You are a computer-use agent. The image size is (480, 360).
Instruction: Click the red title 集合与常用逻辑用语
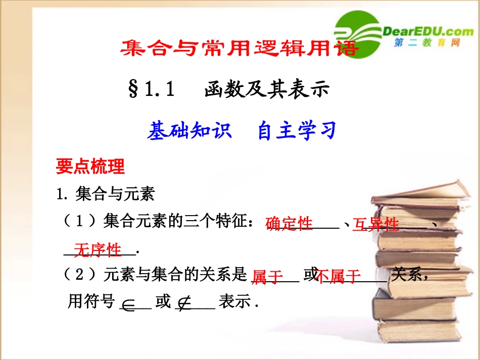point(239,48)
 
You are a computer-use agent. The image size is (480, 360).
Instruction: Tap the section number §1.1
point(152,90)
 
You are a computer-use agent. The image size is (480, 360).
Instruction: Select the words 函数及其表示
point(267,90)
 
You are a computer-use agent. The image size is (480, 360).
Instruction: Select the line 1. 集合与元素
point(106,193)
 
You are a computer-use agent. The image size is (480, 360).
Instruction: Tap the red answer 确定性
point(289,224)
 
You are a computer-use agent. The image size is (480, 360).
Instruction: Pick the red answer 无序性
point(98,250)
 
